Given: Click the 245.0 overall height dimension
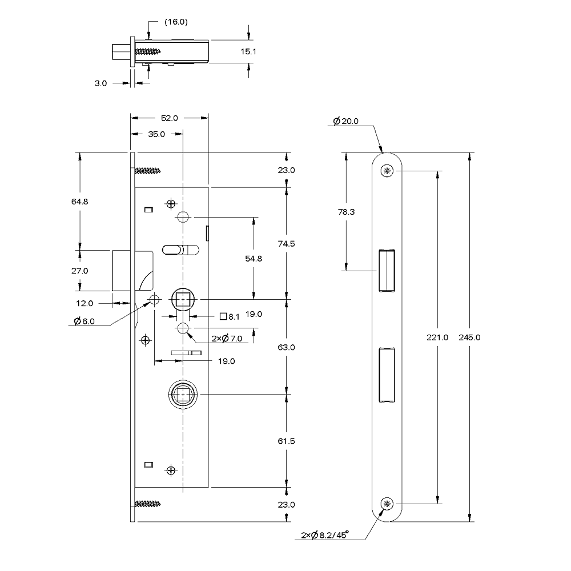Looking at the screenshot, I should point(469,337).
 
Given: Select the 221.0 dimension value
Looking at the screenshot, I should point(437,337).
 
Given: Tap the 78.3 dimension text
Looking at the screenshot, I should point(347,211).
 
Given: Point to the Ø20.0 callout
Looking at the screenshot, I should point(345,121).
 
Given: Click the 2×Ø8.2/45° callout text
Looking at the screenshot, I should point(325,536).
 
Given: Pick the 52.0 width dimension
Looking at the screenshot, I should point(169,118).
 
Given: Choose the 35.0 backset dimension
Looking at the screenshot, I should point(156,135).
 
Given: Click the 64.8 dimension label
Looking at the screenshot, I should point(79,201).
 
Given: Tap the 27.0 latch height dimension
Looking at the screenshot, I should point(79,271).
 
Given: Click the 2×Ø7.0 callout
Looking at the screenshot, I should point(227,339).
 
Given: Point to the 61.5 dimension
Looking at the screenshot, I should point(286,441).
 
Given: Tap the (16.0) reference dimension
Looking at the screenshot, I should point(176,22).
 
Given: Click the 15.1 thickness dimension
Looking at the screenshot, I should point(248,51).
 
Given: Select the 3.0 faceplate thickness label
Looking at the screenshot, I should point(100,83).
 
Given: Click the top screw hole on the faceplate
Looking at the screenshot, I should point(388,171).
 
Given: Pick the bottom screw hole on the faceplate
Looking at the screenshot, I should point(388,504).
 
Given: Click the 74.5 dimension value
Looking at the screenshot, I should point(286,244).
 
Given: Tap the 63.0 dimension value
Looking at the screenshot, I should point(286,347).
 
